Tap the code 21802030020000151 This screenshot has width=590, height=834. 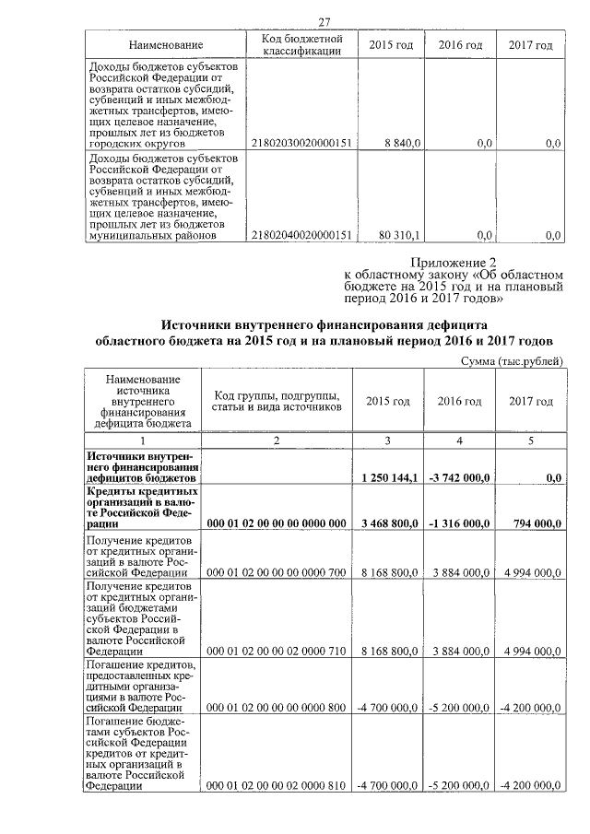click(301, 143)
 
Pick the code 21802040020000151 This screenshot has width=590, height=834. click(301, 235)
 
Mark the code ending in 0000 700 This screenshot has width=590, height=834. click(277, 572)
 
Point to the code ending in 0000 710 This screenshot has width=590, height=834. click(277, 651)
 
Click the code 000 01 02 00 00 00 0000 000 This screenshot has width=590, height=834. click(277, 523)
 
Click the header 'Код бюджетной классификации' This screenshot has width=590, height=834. click(301, 44)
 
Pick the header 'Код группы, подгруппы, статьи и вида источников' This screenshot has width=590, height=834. click(277, 401)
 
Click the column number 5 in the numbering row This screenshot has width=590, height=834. click(531, 440)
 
